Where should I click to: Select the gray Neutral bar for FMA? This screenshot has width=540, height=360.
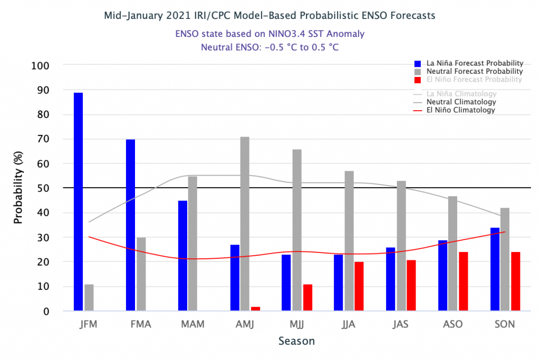[141, 274]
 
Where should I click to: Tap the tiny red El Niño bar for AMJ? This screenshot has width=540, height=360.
[256, 309]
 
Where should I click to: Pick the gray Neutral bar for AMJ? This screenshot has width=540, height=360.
[245, 224]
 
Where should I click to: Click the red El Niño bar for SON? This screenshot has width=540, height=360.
[516, 281]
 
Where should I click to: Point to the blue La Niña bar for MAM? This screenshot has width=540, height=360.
[182, 256]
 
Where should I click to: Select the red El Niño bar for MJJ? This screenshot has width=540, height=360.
[307, 298]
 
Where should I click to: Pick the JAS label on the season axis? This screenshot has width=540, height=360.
[401, 324]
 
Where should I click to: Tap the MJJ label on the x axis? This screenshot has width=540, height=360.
[297, 324]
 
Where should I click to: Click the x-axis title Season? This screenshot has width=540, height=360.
[296, 341]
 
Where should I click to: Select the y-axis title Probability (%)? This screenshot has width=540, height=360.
[19, 189]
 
